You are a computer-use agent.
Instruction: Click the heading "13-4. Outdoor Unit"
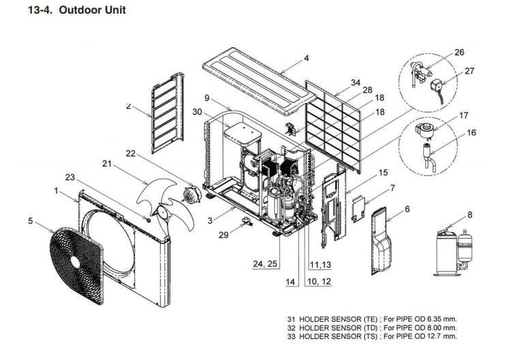click(76, 11)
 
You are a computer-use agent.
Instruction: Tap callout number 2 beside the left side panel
click(127, 106)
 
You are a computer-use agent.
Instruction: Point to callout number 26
click(458, 52)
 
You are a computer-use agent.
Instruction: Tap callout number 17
click(464, 116)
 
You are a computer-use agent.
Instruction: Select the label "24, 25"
click(266, 264)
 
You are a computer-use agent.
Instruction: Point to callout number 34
click(354, 82)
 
